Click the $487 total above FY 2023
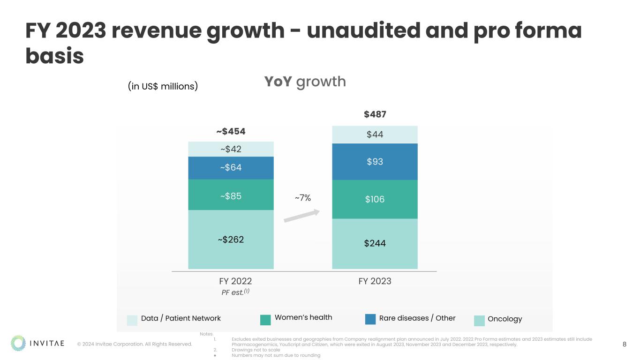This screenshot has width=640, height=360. pos(375,115)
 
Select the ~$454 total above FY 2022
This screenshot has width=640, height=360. pos(231,131)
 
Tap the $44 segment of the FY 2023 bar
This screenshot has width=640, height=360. pos(375,135)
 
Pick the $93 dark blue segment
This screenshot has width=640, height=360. pos(375,162)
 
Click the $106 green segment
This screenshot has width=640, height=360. pos(375,199)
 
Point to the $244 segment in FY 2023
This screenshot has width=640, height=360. pos(375,243)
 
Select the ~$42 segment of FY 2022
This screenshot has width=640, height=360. pos(231,149)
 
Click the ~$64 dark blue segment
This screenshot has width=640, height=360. pos(231,167)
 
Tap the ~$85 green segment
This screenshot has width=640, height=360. pos(231,196)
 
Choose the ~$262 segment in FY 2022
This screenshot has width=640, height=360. pos(231,239)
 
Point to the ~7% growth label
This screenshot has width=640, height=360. pos(302,198)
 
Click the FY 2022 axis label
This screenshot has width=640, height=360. pos(235,281)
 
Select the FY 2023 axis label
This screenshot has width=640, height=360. pos(375,281)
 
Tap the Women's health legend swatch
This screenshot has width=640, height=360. pos(265,320)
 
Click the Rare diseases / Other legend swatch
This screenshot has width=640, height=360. pos(370,319)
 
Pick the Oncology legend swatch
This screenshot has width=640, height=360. pos(479,321)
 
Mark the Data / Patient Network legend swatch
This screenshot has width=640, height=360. pos(132,320)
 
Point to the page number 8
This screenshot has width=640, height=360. pos(625,345)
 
